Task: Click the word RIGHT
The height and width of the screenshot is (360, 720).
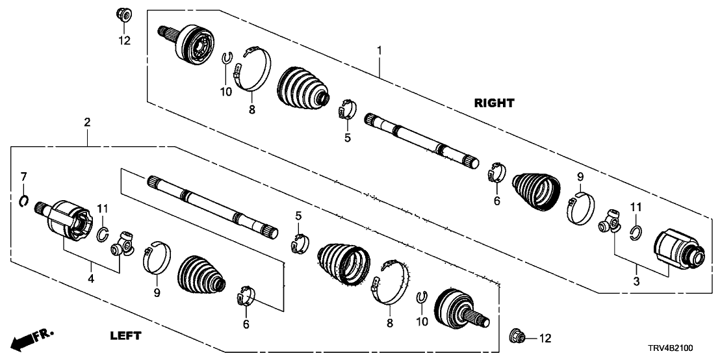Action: [x=495, y=103]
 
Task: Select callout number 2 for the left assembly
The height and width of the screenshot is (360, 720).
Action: [x=86, y=122]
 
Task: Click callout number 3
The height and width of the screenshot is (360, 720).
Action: [x=637, y=281]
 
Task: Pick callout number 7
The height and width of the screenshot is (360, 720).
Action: [x=23, y=176]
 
